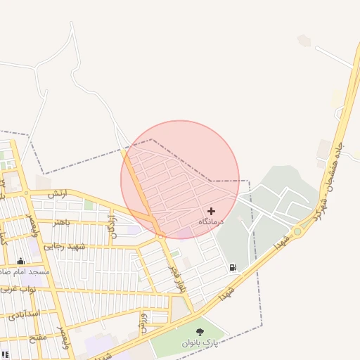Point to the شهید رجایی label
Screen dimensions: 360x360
65,247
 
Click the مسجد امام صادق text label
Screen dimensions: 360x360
25,271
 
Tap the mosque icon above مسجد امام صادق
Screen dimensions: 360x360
20,261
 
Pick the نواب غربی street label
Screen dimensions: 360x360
18,289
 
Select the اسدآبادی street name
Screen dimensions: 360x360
25,313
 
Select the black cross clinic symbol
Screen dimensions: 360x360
211,211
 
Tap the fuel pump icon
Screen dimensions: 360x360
233,267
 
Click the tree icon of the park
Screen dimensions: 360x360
200,331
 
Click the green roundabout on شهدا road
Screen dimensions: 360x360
297,231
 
